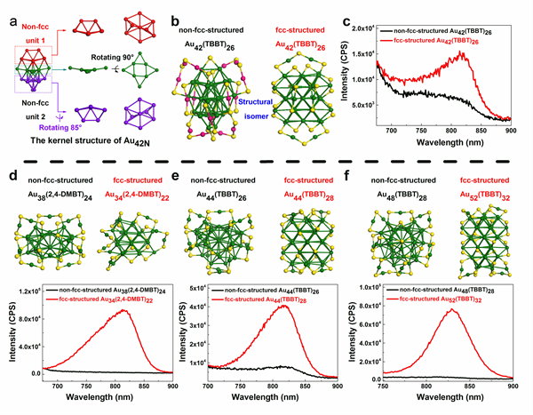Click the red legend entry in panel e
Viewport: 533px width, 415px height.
coord(277,301)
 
